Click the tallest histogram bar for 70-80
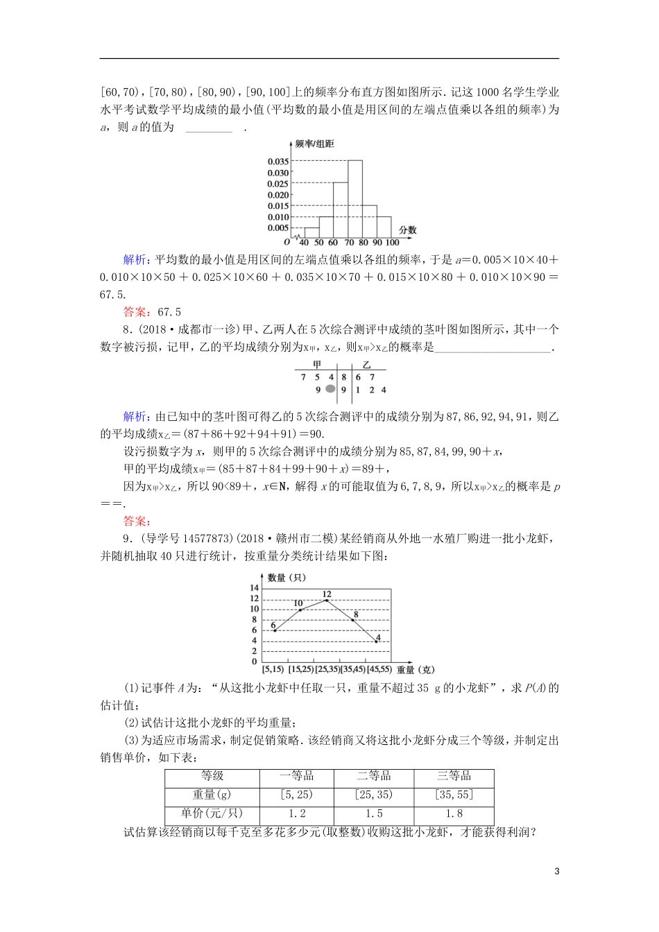tap(354, 199)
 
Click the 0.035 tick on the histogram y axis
tap(278, 162)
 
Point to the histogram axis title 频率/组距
tap(314, 144)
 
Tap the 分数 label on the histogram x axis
tap(408, 230)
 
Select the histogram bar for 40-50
tap(311, 233)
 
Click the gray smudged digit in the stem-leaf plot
tap(330, 390)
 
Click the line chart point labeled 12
tap(326, 600)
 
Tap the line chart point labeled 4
tap(377, 641)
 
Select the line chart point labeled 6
tap(275, 630)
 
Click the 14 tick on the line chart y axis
tap(255, 588)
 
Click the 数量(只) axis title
tap(286, 577)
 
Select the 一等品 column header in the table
tap(296, 776)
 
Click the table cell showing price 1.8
tap(454, 813)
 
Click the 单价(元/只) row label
tap(212, 813)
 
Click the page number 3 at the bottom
tap(556, 872)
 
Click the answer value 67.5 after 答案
tap(169, 312)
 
